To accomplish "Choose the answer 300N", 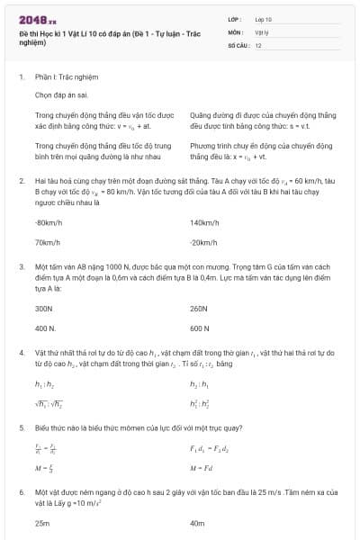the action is click(44, 308).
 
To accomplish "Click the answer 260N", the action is click(199, 308).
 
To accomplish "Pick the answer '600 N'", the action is click(200, 328).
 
